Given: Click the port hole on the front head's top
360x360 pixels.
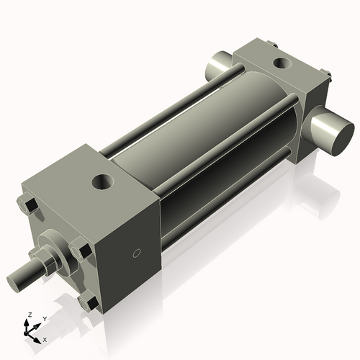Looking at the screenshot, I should click(102, 183).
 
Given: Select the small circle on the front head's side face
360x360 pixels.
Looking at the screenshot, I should click(138, 253).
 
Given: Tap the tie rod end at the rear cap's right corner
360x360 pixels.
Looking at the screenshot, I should click(325, 72).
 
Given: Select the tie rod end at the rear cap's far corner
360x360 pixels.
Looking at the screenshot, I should click(272, 44).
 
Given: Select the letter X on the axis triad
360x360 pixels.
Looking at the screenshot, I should click(45, 338).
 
